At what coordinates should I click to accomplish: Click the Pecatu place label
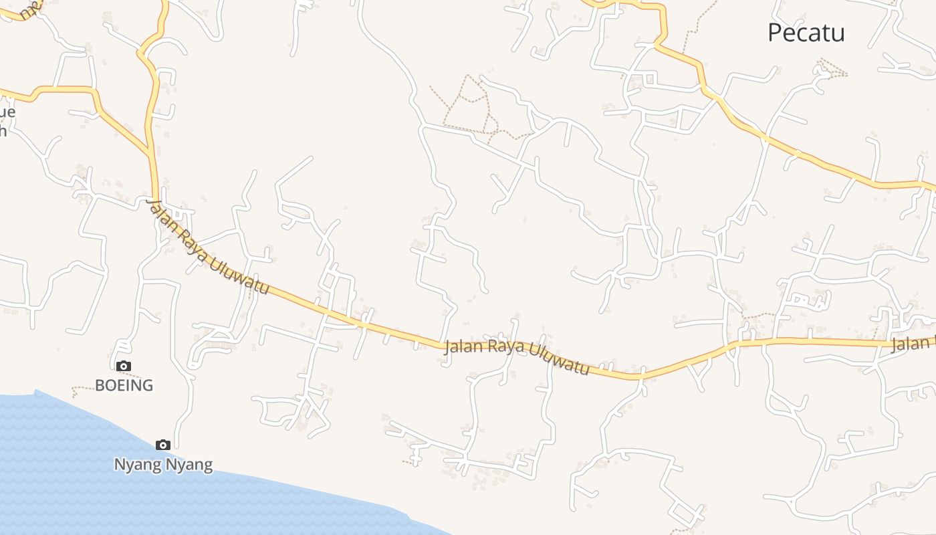pyautogui.click(x=806, y=33)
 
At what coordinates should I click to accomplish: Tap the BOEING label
pyautogui.click(x=124, y=385)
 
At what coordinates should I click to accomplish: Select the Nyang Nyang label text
pyautogui.click(x=163, y=464)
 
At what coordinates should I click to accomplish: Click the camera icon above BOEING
pyautogui.click(x=124, y=366)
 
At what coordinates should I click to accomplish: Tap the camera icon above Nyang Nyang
pyautogui.click(x=162, y=445)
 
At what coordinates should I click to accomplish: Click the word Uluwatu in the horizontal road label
pyautogui.click(x=558, y=358)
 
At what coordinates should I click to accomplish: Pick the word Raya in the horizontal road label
pyautogui.click(x=502, y=346)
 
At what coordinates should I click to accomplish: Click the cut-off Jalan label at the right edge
pyautogui.click(x=913, y=344)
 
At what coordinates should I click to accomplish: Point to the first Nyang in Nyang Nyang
pyautogui.click(x=138, y=464)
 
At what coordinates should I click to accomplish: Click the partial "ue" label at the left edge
pyautogui.click(x=8, y=111)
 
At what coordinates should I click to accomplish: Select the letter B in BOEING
pyautogui.click(x=100, y=385)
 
